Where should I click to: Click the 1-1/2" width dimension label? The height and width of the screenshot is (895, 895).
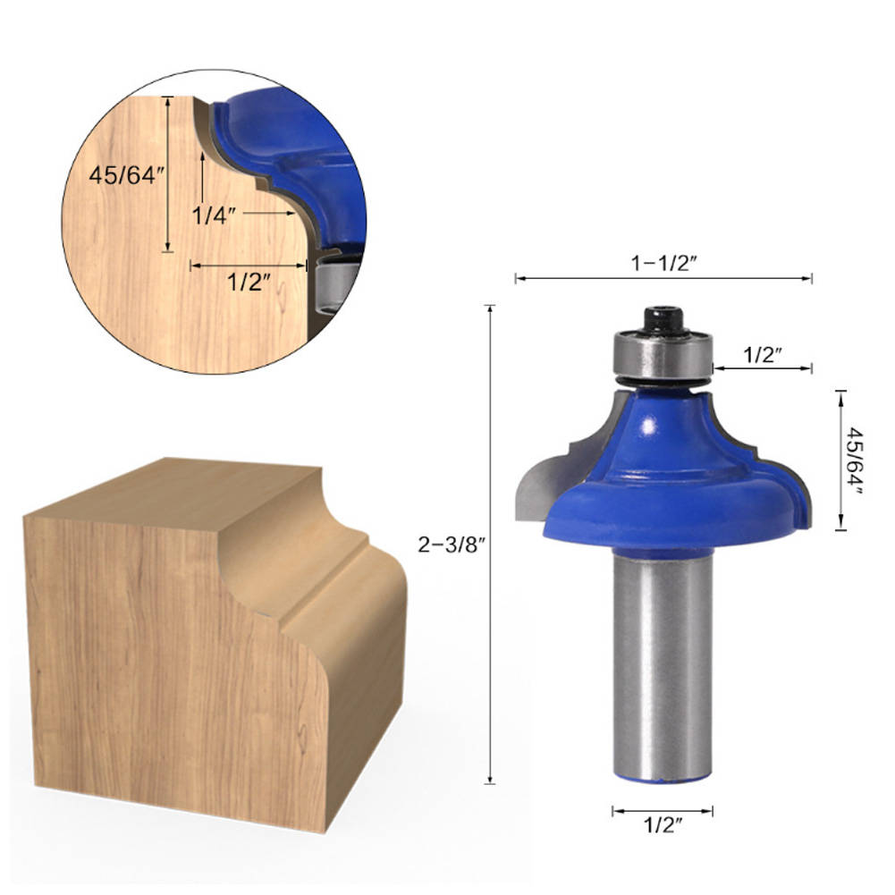coord(663,263)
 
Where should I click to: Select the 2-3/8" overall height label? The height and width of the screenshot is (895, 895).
coord(451,545)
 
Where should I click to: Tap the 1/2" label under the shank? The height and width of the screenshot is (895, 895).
coord(663,824)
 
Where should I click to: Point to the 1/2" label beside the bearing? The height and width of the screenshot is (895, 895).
coord(762,355)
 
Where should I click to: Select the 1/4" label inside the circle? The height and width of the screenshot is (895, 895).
coord(214,215)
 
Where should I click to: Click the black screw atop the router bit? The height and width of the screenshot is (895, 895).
coord(663,320)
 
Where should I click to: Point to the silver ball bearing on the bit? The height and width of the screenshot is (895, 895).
coord(663,355)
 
